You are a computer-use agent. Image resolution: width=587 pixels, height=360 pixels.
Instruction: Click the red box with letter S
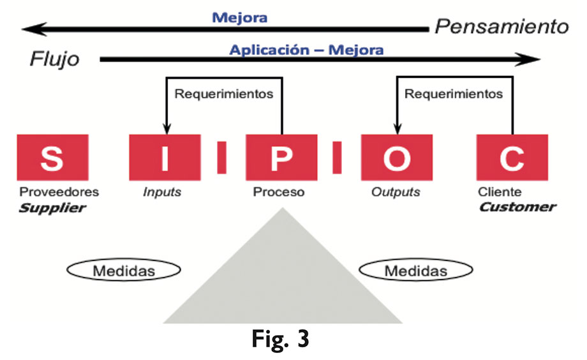click(52, 157)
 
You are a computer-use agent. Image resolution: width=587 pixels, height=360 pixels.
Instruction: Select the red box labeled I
click(165, 157)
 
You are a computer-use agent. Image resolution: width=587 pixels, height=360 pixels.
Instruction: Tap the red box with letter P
click(280, 157)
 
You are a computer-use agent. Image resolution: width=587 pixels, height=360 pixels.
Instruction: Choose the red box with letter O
click(396, 157)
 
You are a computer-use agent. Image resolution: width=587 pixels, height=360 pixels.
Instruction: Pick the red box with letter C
click(512, 157)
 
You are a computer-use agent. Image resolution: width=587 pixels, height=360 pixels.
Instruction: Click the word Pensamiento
click(501, 27)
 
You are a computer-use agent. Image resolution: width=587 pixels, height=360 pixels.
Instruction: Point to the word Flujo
click(55, 60)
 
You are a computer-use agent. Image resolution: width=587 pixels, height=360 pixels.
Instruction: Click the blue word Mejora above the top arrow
click(239, 17)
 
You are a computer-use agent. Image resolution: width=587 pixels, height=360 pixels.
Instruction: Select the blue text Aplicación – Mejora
click(306, 49)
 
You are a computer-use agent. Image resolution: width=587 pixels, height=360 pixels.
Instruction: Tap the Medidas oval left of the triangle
click(124, 271)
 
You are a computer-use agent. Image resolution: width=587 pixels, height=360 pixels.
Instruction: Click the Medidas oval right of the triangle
click(415, 271)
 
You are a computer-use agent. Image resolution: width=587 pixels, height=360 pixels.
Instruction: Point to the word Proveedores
click(59, 191)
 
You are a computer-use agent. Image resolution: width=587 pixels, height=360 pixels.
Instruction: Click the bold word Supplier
click(52, 207)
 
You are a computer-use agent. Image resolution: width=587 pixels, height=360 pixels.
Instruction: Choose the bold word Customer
click(517, 207)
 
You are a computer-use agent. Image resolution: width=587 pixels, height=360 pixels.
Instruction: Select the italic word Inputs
click(161, 191)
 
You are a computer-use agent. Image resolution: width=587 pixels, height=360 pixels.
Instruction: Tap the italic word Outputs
click(396, 191)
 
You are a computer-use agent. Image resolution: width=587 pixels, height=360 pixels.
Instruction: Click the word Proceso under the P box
click(279, 191)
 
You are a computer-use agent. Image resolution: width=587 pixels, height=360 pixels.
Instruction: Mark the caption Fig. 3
click(279, 338)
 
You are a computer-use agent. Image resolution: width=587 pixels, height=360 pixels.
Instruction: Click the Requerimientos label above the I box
click(223, 94)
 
